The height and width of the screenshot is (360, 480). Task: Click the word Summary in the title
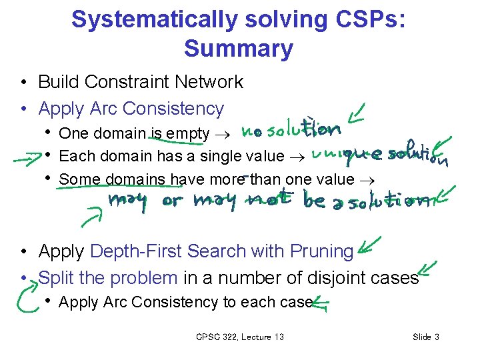tap(239, 48)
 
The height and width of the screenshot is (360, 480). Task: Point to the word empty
tap(189, 133)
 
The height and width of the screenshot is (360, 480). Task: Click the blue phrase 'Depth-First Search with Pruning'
tap(221, 251)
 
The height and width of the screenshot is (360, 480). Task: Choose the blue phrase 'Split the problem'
tap(108, 277)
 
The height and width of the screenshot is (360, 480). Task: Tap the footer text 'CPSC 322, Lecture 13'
tap(240, 337)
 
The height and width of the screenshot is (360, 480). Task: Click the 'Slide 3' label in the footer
tap(426, 337)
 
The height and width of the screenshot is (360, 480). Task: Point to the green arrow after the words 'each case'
tap(321, 304)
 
